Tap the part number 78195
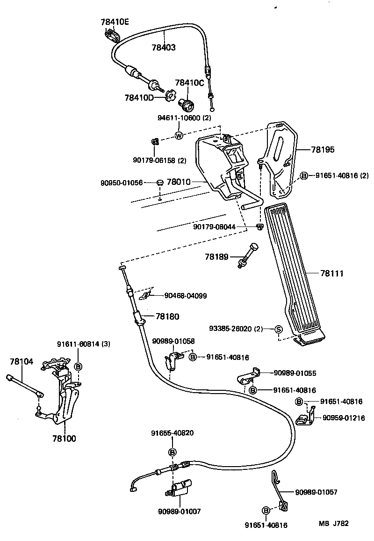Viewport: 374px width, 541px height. [x=321, y=150]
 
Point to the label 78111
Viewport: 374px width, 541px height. [x=332, y=273]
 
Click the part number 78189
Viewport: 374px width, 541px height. [x=216, y=256]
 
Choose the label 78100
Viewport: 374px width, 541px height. [x=64, y=439]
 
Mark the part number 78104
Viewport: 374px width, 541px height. [x=22, y=361]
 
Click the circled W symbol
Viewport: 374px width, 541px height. [x=179, y=136]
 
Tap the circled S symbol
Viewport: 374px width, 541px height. [x=278, y=329]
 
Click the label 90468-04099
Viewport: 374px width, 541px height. [x=186, y=295]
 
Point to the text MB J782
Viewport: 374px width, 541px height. [x=334, y=524]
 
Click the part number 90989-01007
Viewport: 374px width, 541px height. [x=179, y=512]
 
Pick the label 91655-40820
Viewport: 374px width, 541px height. [x=172, y=433]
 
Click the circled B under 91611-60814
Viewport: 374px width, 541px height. [x=79, y=366]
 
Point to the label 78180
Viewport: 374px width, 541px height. [x=167, y=316]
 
